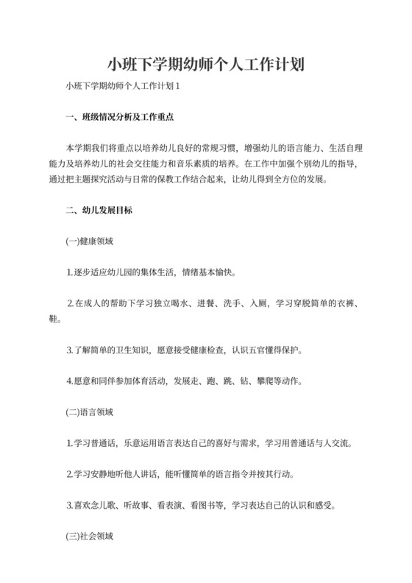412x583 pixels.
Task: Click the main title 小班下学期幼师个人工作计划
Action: (x=206, y=64)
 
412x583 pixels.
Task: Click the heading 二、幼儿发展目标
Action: (x=99, y=210)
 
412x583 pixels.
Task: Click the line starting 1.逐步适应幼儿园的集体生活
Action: (x=151, y=272)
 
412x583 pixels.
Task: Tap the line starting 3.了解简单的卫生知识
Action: (x=184, y=350)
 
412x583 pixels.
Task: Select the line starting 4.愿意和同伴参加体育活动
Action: (x=184, y=381)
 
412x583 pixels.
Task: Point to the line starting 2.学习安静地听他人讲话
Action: (x=184, y=475)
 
